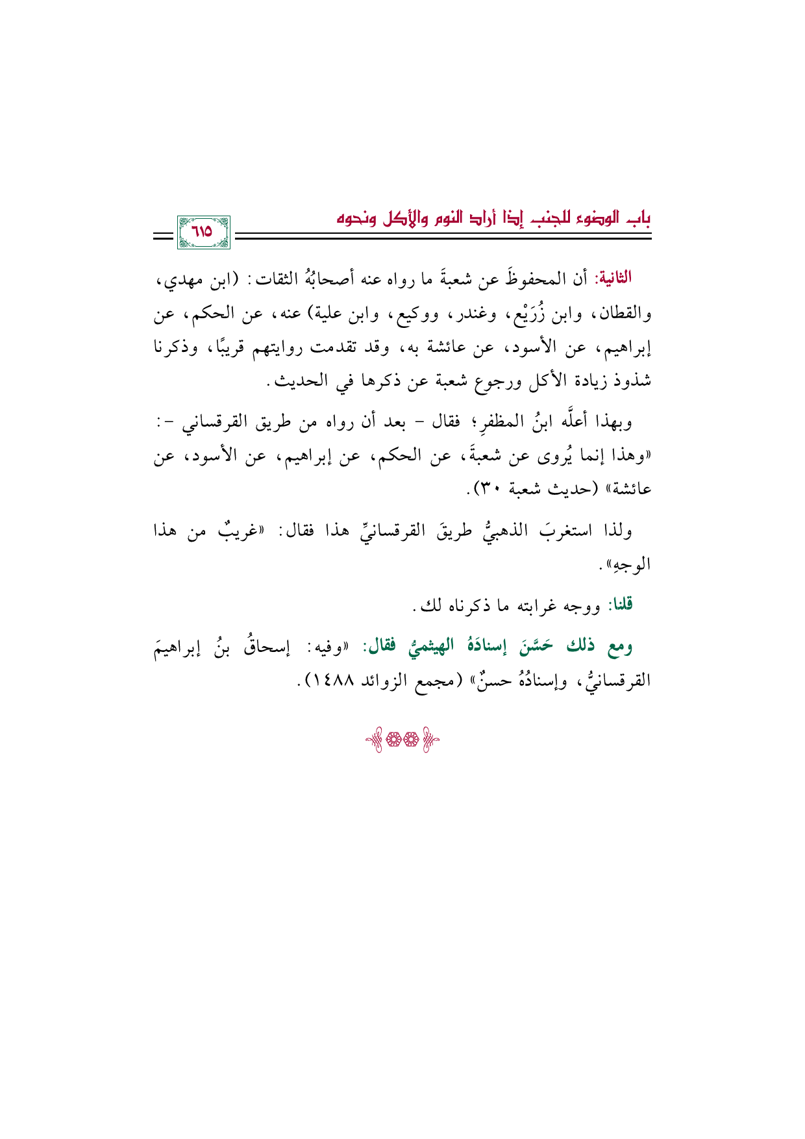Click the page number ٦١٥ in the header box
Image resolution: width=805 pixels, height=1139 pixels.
click(203, 232)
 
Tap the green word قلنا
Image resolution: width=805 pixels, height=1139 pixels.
click(619, 606)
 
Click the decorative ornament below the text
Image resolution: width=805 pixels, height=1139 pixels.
click(402, 742)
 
